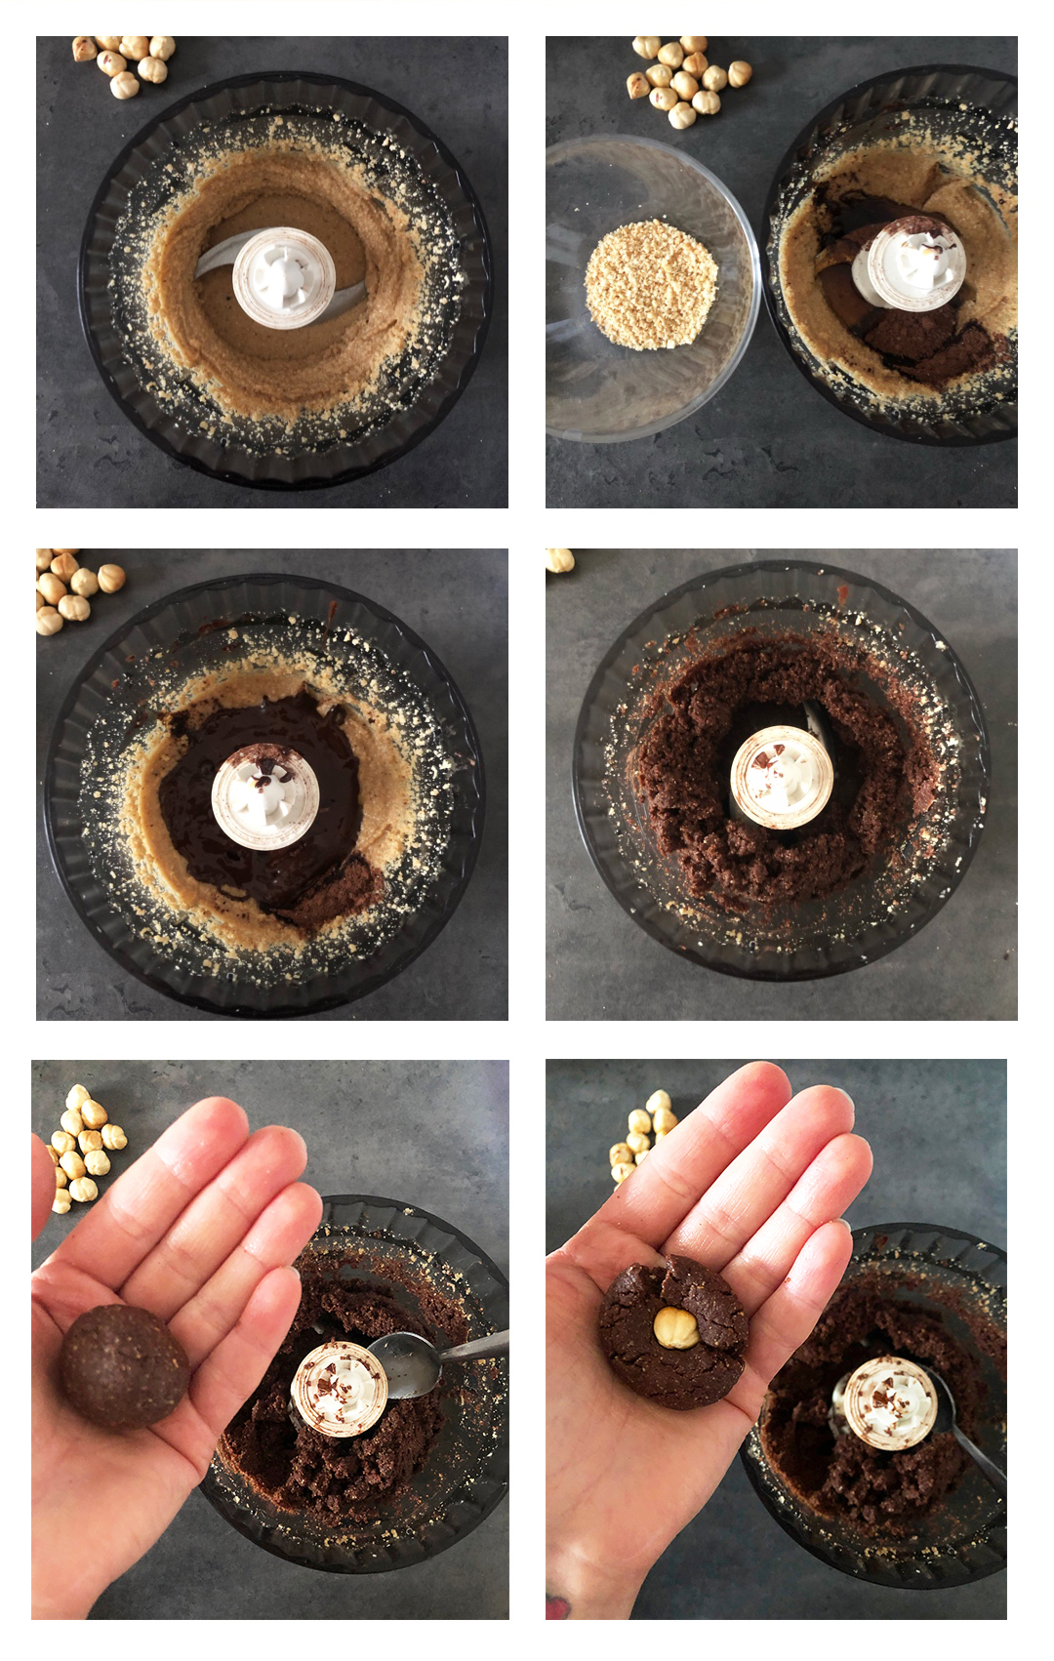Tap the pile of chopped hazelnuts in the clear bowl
(650, 284)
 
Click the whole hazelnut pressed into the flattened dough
(675, 1328)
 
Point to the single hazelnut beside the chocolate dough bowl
(559, 560)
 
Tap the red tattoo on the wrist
(558, 1605)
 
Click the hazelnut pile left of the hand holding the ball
(83, 1147)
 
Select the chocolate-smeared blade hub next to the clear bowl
(916, 263)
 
